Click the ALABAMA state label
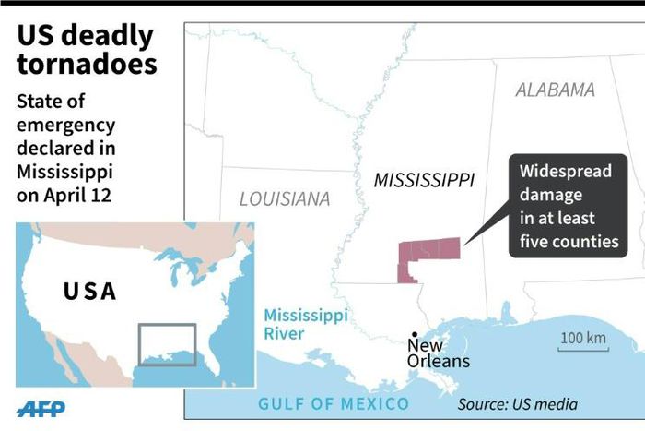point(555,90)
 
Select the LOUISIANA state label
point(284,198)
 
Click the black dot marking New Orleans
point(415,334)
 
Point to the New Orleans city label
point(438,353)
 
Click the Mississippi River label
point(306,324)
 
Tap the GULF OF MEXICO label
point(334,403)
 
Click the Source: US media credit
point(518,404)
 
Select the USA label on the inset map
point(90,292)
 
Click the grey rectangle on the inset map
point(167,343)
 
